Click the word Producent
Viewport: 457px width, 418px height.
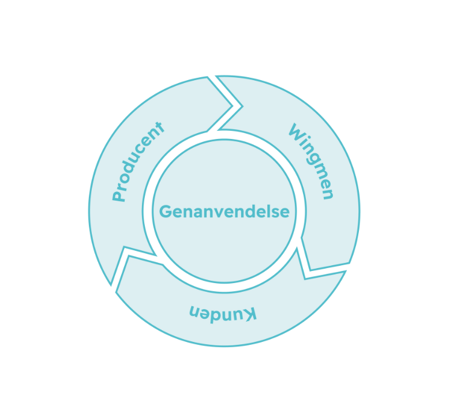coord(139,162)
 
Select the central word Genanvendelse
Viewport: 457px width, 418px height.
coord(224,212)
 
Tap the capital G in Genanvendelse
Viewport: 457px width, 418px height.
coord(165,212)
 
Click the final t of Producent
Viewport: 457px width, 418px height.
coord(160,127)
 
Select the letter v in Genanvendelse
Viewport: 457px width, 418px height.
coord(219,212)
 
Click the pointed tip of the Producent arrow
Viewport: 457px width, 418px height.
coord(240,106)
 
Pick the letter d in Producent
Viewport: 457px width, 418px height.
coord(131,169)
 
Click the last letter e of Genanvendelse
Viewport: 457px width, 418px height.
coord(284,212)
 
